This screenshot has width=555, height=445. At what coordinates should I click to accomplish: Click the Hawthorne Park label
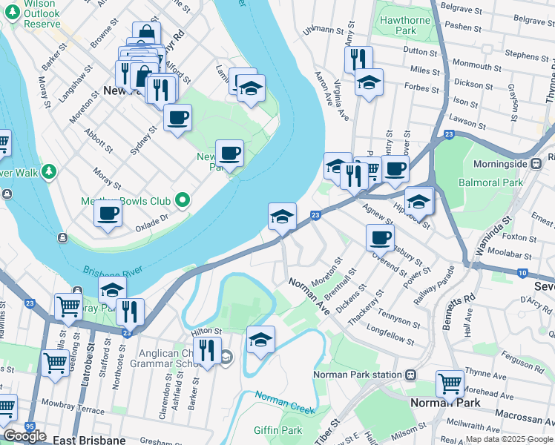coord(405,26)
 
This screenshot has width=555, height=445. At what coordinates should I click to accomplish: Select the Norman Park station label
coord(357,375)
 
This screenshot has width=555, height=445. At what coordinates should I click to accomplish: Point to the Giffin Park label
coord(277,430)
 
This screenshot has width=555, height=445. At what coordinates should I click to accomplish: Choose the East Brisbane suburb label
coord(89,440)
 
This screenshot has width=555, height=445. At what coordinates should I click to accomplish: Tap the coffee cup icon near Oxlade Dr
coord(108,214)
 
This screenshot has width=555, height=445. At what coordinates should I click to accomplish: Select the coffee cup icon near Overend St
coord(380,237)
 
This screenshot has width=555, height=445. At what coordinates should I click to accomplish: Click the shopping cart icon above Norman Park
coord(450,383)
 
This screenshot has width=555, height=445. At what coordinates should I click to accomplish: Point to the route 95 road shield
coord(29,426)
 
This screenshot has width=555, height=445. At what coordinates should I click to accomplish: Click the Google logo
coord(24,436)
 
